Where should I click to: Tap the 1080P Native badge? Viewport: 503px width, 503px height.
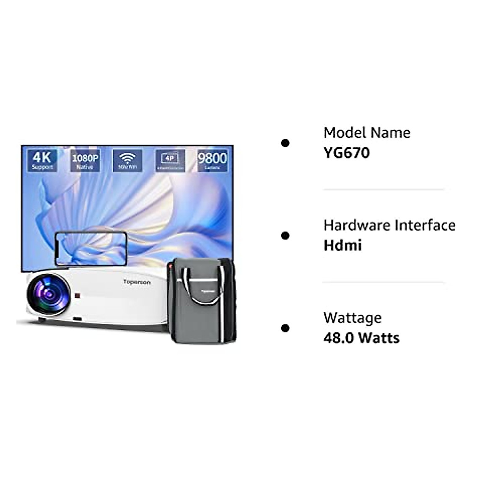click(x=85, y=161)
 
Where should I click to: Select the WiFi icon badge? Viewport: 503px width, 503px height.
click(x=127, y=161)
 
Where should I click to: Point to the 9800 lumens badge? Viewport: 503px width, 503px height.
click(x=212, y=161)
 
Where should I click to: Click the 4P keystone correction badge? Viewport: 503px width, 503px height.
click(x=170, y=161)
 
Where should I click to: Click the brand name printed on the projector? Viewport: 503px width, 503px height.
click(x=137, y=282)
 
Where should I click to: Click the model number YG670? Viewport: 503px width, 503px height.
click(x=347, y=153)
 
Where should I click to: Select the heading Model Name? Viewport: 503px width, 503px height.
click(x=367, y=133)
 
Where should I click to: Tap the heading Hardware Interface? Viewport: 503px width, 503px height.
click(x=389, y=226)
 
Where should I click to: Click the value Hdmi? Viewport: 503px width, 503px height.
click(x=342, y=246)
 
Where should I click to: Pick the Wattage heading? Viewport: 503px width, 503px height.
click(x=353, y=318)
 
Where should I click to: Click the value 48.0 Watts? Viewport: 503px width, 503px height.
click(x=361, y=338)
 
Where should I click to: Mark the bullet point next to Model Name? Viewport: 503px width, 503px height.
click(x=285, y=143)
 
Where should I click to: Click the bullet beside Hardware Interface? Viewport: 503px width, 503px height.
click(x=285, y=236)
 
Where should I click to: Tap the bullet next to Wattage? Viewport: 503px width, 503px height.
click(x=285, y=328)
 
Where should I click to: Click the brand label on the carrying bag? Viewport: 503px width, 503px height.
click(x=205, y=288)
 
